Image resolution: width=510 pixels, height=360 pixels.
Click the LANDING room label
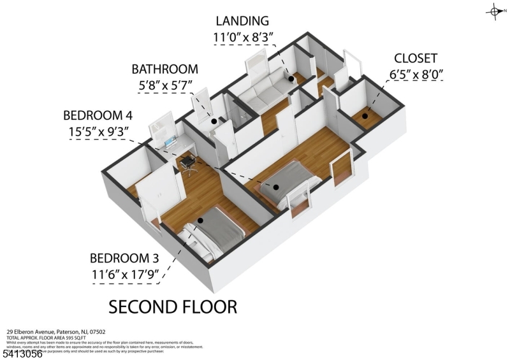tap(242, 20)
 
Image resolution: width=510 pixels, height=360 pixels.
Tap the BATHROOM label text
tap(165, 69)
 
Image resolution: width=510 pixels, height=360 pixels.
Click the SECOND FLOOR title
tap(173, 306)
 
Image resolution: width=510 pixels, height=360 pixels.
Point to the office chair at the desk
tap(189, 163)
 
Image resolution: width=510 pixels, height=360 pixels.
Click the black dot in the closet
tap(366, 116)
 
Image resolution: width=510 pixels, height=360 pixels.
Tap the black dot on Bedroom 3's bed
tap(200, 220)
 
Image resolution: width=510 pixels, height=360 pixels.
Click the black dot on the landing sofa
tap(291, 78)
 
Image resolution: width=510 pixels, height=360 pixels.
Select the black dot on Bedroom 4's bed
tap(277, 187)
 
